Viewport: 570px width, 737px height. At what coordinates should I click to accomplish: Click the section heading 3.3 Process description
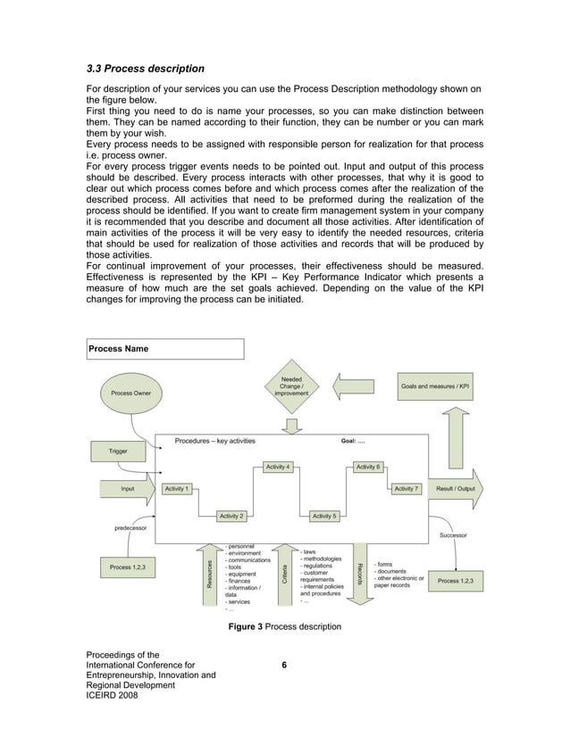pyautogui.click(x=145, y=69)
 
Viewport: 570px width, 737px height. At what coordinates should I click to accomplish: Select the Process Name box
pyautogui.click(x=163, y=349)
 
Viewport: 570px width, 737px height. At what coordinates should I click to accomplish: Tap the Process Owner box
pyautogui.click(x=131, y=393)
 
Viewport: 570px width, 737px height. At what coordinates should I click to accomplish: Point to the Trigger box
pyautogui.click(x=118, y=451)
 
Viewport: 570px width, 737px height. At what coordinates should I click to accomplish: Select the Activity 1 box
pyautogui.click(x=176, y=489)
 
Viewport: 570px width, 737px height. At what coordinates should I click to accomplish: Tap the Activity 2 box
pyautogui.click(x=232, y=516)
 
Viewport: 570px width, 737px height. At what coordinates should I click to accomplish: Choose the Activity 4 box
pyautogui.click(x=278, y=467)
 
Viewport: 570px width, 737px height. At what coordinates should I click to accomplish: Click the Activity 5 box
pyautogui.click(x=323, y=516)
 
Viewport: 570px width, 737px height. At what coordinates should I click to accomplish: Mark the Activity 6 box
pyautogui.click(x=367, y=467)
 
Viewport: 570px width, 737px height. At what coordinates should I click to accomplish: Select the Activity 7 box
pyautogui.click(x=406, y=489)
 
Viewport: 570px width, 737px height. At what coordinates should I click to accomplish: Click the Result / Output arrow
pyautogui.click(x=456, y=489)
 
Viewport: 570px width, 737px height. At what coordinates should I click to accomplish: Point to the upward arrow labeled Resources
pyautogui.click(x=210, y=571)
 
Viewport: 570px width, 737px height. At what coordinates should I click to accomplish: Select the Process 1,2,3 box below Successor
pyautogui.click(x=456, y=581)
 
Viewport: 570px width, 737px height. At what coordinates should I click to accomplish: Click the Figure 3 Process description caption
pyautogui.click(x=284, y=627)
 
